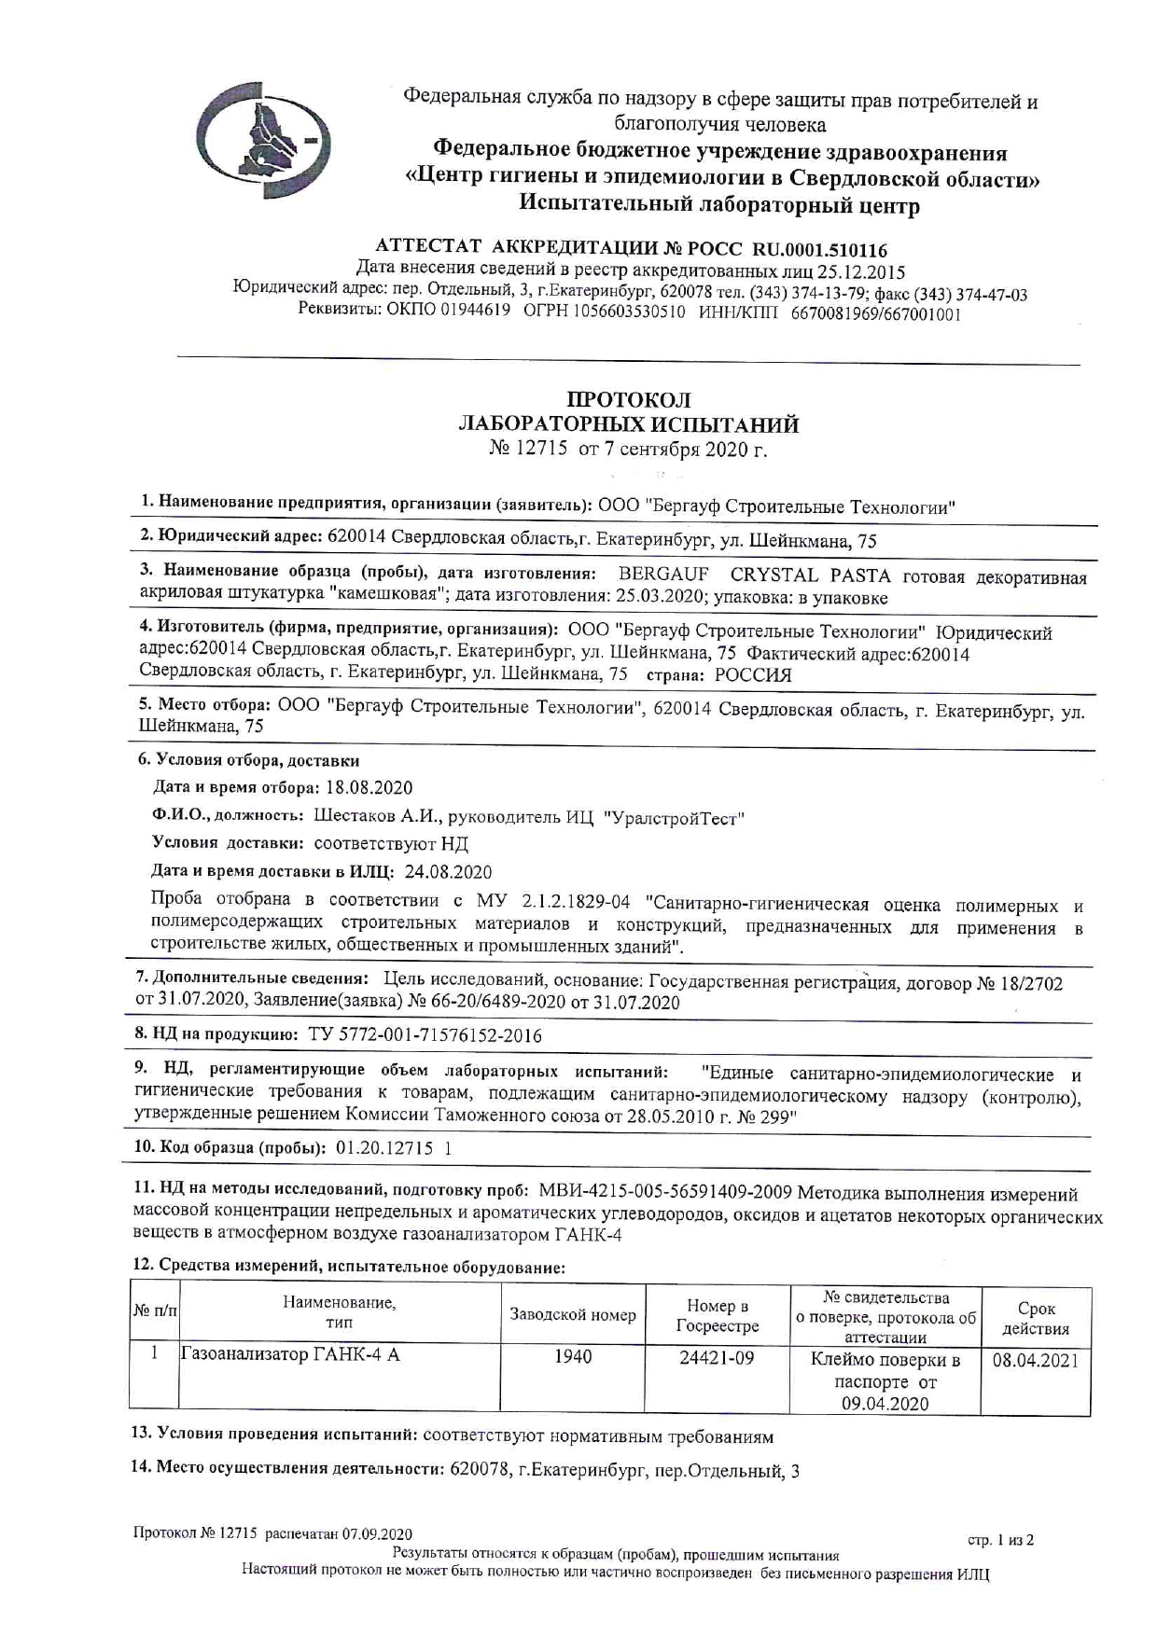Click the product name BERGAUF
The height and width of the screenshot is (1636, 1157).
[x=663, y=575]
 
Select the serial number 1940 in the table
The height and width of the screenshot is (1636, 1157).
[x=573, y=1357]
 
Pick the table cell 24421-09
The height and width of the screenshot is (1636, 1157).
[x=716, y=1358]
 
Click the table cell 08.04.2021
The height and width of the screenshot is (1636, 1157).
[x=1035, y=1360]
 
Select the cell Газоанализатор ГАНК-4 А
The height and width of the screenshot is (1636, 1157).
[x=290, y=1355]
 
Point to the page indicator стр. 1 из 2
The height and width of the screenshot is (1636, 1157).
[x=1001, y=1540]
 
